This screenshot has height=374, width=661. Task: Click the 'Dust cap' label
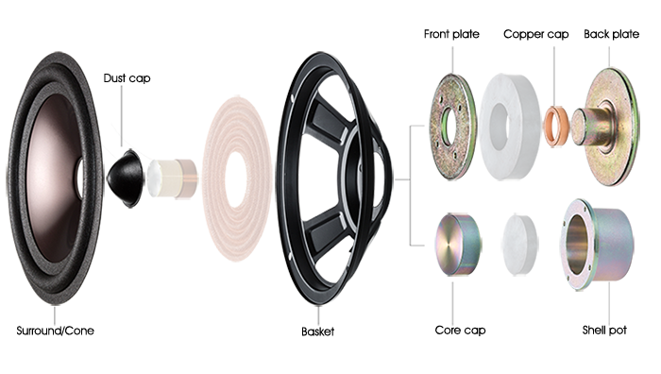127,78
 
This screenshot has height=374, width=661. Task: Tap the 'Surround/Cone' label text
55,331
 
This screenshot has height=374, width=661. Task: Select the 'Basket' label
318,331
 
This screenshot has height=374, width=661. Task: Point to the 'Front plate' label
451,34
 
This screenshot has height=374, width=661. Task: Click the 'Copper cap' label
535,34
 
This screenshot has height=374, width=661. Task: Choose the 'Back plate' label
611,34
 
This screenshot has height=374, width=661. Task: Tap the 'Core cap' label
460,330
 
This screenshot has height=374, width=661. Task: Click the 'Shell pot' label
604,330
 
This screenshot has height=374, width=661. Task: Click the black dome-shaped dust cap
125,178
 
